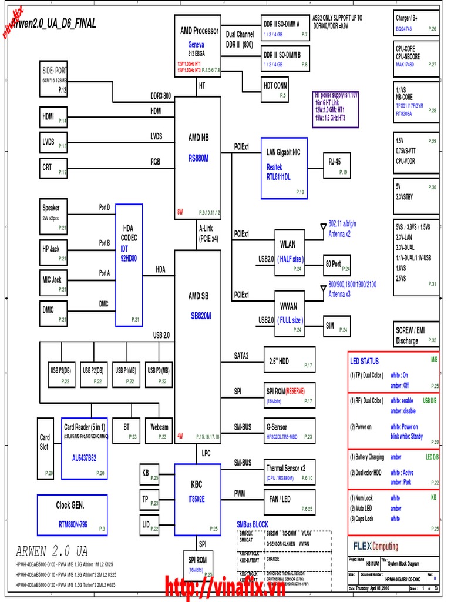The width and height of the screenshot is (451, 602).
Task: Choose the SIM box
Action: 336,325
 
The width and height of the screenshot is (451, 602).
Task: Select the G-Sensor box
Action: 289,431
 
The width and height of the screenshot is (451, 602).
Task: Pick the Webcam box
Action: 160,431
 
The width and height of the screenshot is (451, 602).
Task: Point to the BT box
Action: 127,431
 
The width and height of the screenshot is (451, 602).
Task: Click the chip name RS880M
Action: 198,158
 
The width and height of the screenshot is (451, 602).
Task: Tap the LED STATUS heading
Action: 365,362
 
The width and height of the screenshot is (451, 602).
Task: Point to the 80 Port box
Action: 337,265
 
